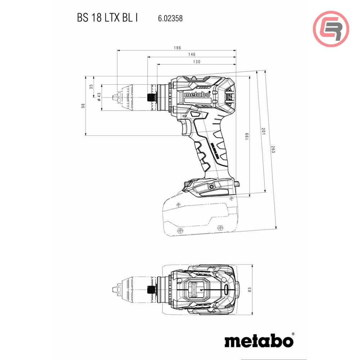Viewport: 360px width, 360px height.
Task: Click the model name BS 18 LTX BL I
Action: tap(107, 18)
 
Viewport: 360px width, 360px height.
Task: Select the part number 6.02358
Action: tap(170, 18)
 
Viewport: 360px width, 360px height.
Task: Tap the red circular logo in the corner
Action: tap(331, 29)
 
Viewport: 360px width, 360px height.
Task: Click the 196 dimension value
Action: tap(177, 48)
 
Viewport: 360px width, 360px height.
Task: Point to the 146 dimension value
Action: tap(192, 54)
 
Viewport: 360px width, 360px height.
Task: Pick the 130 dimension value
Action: tap(197, 62)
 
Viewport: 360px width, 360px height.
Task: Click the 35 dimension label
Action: tap(91, 86)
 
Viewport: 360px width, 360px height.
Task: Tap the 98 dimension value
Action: tap(83, 106)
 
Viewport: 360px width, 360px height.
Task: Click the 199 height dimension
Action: tap(247, 137)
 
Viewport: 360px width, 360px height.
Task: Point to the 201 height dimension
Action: tap(263, 131)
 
